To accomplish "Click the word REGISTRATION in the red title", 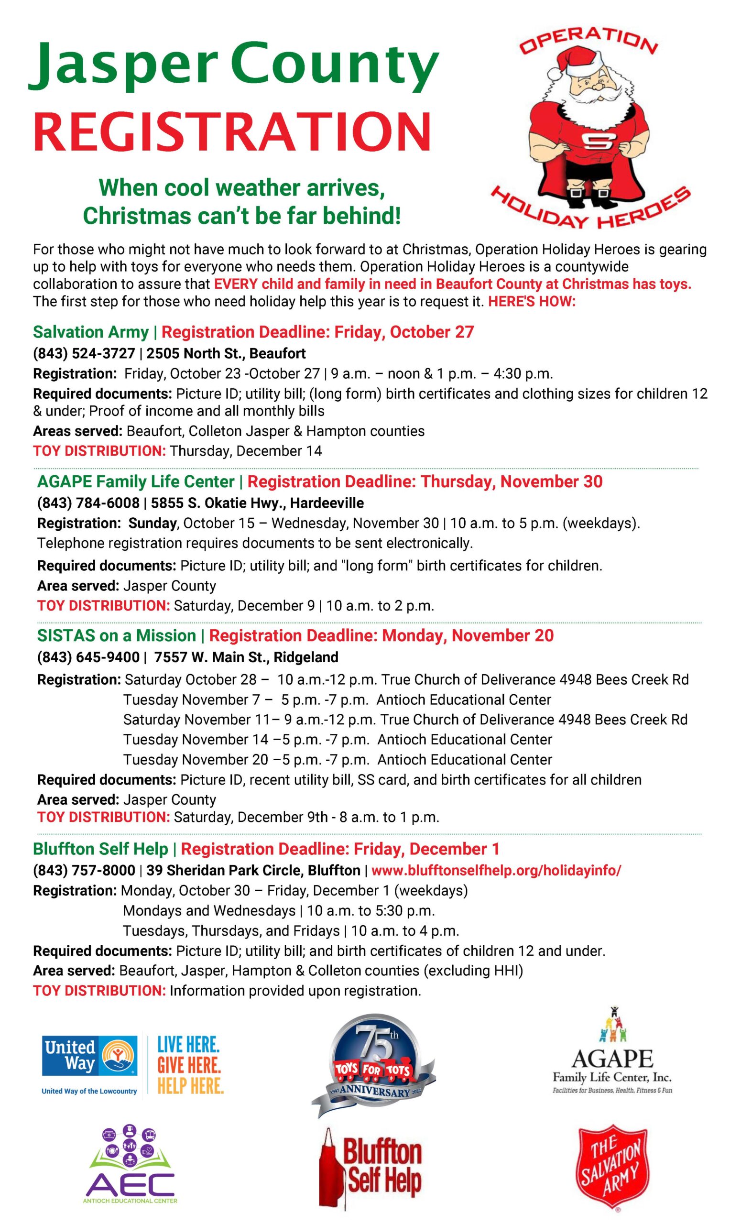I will tap(232, 131).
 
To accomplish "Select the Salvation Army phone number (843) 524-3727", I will tap(84, 353).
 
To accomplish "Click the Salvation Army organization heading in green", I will tap(91, 332).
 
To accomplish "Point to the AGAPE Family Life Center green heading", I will tap(136, 481).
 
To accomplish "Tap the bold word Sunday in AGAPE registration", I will tap(153, 523).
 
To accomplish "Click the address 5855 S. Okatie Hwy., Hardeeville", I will tap(257, 503).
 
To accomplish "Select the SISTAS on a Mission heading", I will tap(116, 635).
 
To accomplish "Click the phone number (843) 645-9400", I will tap(88, 657).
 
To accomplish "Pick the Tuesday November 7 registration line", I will tap(337, 699).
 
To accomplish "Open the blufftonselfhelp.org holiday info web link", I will tap(496, 870).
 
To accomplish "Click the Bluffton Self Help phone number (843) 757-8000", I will tap(84, 870).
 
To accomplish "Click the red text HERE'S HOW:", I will tap(532, 302).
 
